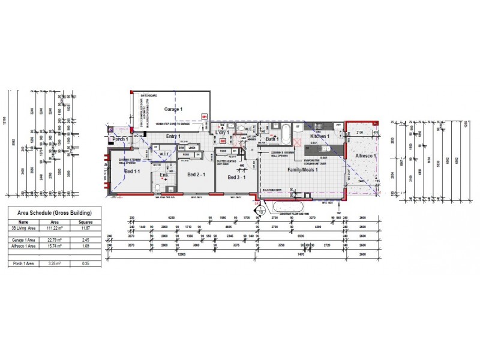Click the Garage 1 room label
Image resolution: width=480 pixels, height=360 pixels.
coord(173,110)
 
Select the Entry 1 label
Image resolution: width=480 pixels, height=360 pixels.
coord(174,137)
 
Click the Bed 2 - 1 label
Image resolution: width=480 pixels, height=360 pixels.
coord(197,175)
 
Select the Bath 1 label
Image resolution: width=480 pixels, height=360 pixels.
coord(274,139)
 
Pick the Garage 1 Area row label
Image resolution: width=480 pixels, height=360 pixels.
coord(24,239)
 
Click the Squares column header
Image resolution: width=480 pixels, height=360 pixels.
coord(86,221)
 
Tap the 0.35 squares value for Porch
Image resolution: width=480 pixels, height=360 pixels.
coord(86,263)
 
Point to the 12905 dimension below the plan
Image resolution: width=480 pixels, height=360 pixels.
coord(180,254)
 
